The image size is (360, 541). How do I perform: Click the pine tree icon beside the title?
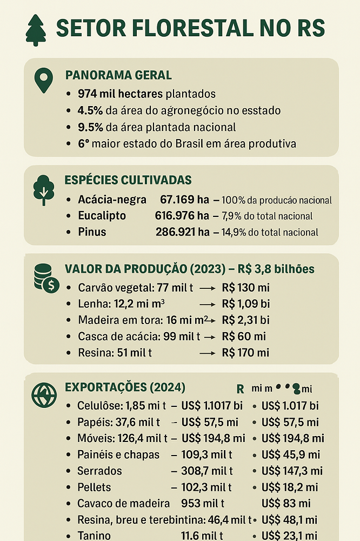click(36, 30)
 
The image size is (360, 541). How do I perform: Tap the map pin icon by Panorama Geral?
click(43, 81)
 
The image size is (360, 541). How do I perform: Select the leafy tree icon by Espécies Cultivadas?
click(43, 190)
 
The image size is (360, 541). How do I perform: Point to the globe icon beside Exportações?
click(44, 394)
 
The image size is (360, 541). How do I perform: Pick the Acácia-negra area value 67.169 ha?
click(184, 200)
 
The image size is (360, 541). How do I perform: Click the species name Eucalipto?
click(102, 216)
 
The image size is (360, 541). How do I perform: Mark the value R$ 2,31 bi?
click(245, 320)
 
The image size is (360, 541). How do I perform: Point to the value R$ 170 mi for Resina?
click(245, 353)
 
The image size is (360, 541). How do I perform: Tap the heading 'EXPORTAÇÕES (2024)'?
click(125, 387)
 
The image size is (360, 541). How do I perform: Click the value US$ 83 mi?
click(286, 504)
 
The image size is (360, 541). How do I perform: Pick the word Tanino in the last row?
click(94, 536)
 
